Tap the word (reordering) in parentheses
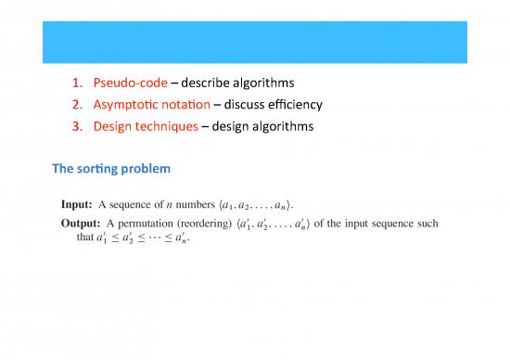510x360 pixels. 214,223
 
